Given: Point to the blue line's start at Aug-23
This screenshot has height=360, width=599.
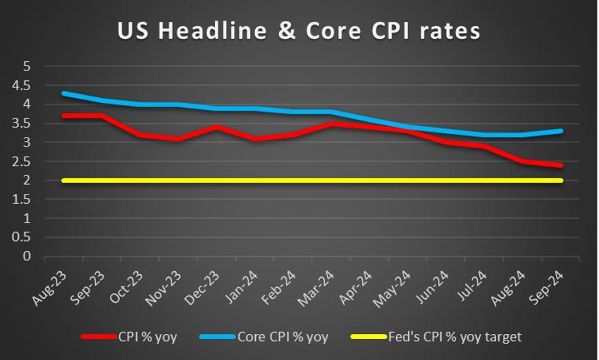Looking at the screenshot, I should (x=64, y=93).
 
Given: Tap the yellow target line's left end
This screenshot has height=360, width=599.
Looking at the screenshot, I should (x=64, y=180).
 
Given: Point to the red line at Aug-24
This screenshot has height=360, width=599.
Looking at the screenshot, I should (x=523, y=161).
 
